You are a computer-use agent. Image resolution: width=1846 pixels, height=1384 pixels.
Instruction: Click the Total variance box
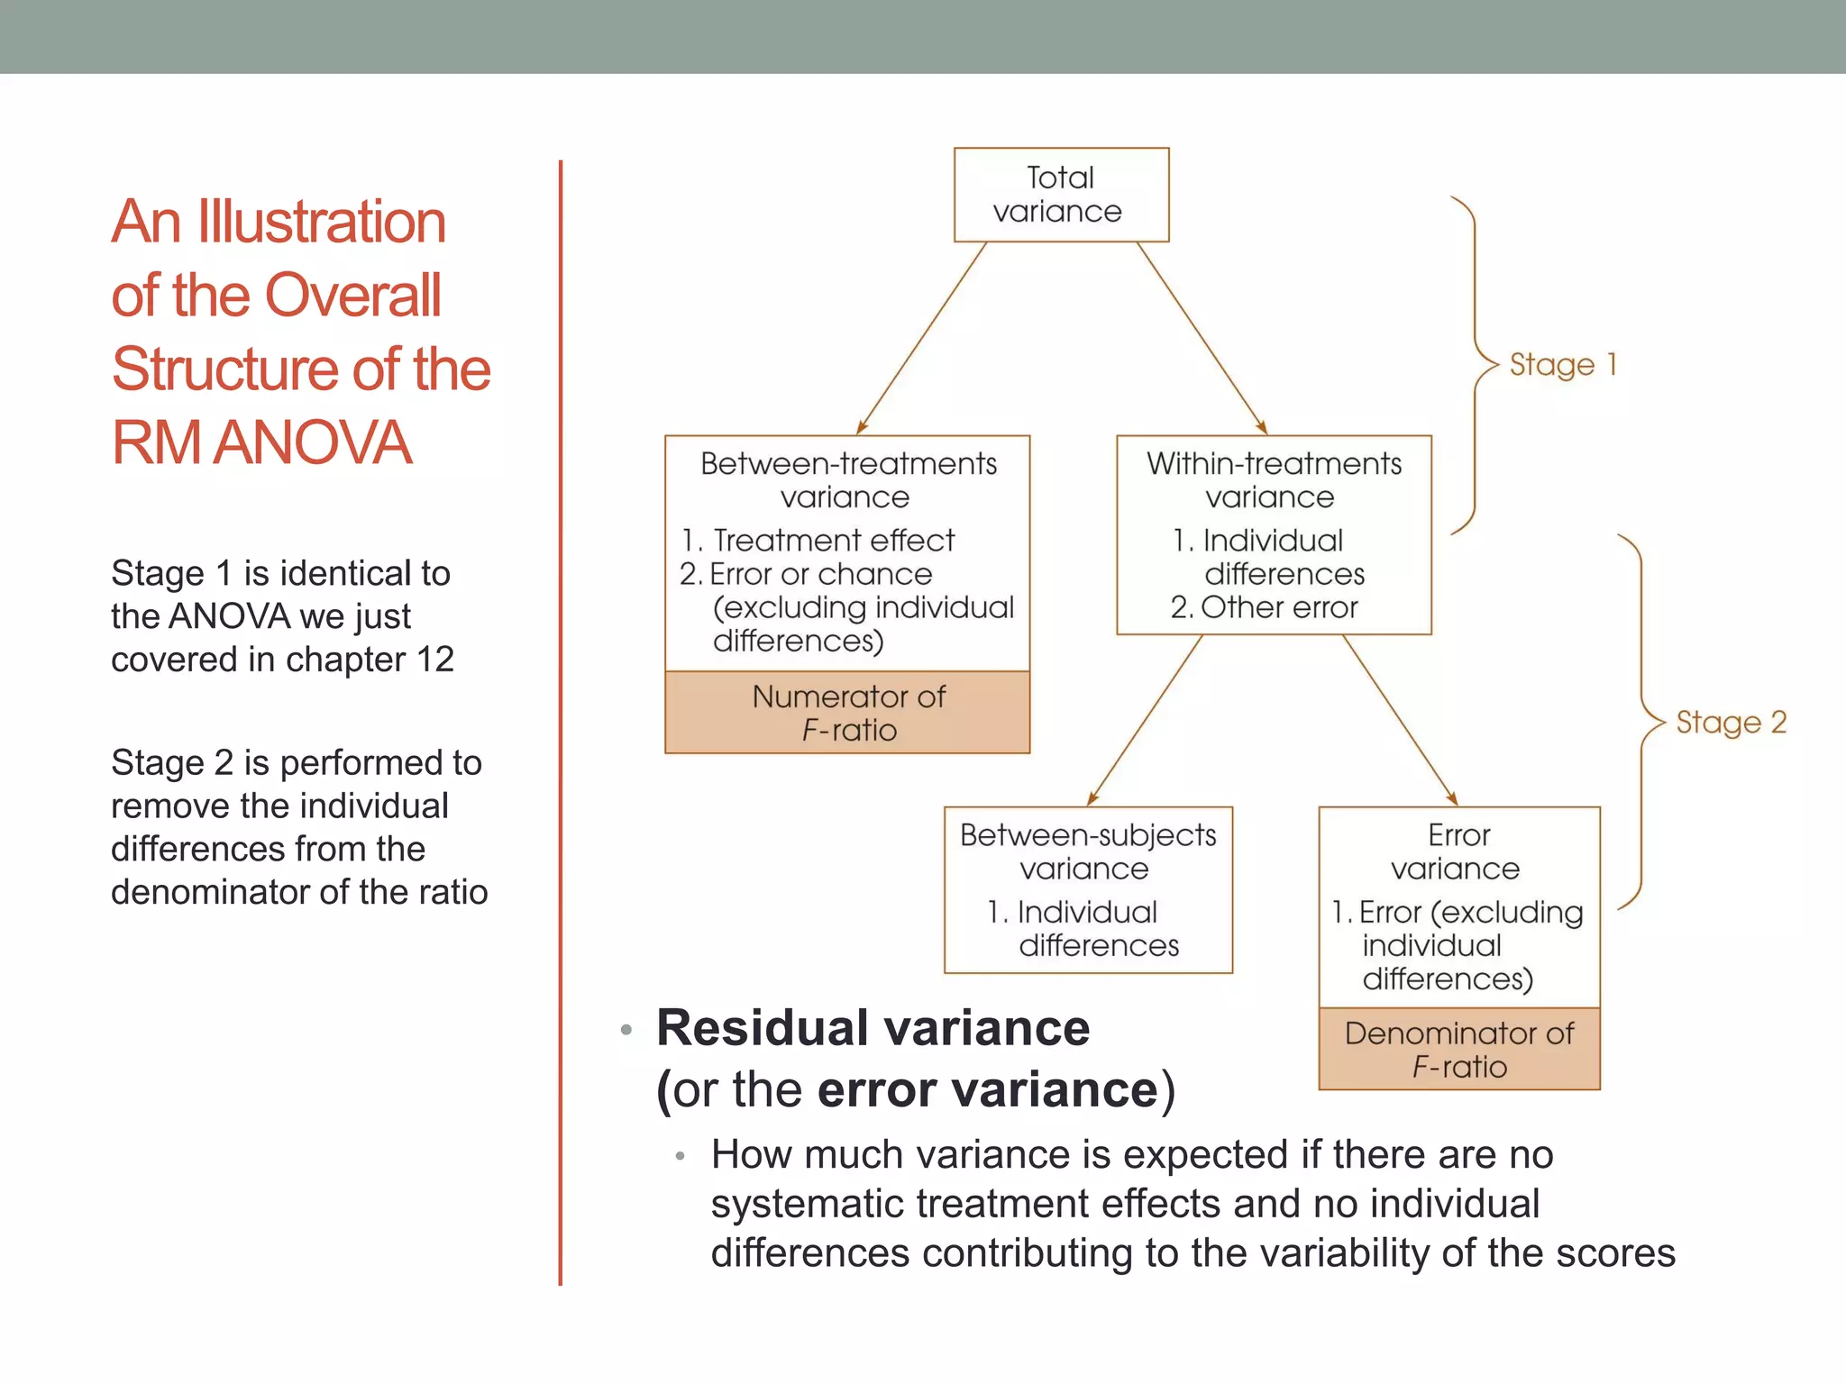[x=1061, y=195]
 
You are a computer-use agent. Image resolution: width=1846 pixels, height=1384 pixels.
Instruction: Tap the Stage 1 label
[x=1563, y=365]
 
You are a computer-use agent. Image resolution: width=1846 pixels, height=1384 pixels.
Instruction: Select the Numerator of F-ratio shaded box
[x=847, y=713]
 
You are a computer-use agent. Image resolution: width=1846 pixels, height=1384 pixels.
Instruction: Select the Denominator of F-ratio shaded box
[x=1458, y=1050]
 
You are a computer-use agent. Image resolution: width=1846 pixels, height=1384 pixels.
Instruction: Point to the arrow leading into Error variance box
[x=1400, y=720]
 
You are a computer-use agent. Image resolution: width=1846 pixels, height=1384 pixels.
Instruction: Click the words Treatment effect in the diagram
[x=834, y=541]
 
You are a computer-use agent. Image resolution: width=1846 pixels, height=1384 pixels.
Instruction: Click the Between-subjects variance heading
[x=1087, y=851]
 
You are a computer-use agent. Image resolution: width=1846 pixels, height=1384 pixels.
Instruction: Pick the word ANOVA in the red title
[x=313, y=442]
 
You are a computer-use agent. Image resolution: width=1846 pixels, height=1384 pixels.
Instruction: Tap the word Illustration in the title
[x=322, y=222]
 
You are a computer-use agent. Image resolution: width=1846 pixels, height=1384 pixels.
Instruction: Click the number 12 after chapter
[x=434, y=660]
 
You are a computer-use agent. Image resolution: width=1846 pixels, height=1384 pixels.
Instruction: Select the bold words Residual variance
[x=873, y=1028]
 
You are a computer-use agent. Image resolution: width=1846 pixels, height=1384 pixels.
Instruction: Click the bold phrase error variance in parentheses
[x=987, y=1090]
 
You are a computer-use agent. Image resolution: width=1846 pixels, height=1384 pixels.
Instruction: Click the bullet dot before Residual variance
[x=626, y=1030]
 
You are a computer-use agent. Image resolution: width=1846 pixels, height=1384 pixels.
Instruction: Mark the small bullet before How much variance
[x=681, y=1156]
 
